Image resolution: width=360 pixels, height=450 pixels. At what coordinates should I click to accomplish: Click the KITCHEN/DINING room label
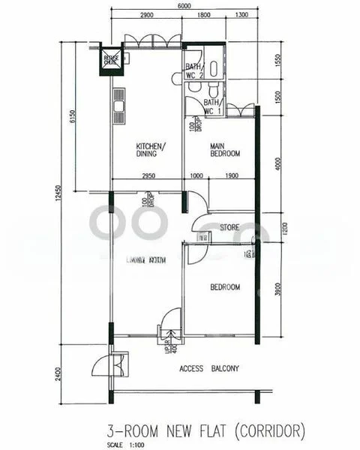(x=151, y=150)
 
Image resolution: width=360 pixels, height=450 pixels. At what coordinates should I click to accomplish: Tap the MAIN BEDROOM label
(x=224, y=150)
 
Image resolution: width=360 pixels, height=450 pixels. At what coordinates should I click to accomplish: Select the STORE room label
(x=229, y=226)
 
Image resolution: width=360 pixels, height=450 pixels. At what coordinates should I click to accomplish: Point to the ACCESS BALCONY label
(x=209, y=368)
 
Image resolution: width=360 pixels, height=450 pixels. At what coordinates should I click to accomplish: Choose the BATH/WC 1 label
(x=212, y=106)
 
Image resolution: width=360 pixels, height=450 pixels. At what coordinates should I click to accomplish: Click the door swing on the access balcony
(x=100, y=366)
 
